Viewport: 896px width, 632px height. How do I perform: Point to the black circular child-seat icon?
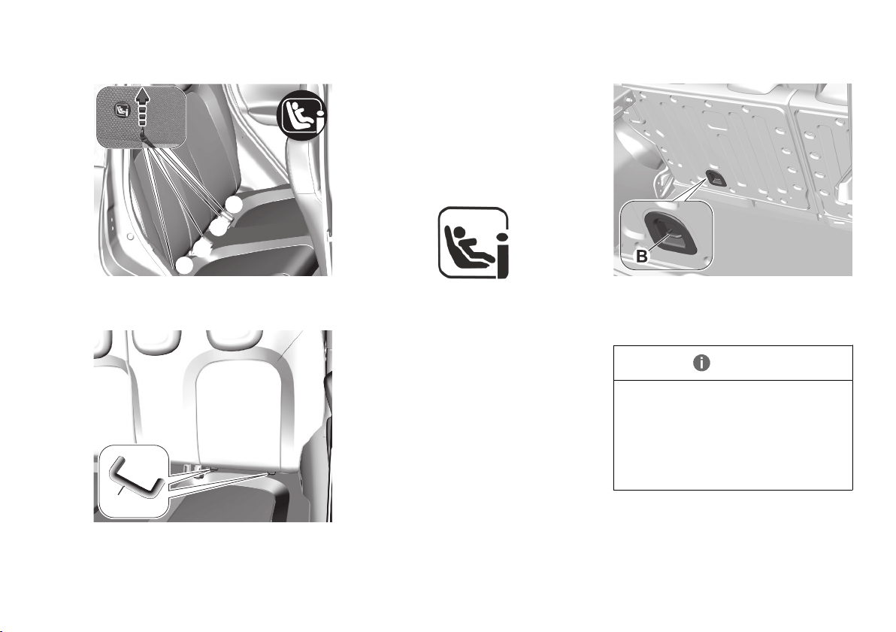coord(301,114)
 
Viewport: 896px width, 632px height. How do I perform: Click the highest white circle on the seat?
coord(233,204)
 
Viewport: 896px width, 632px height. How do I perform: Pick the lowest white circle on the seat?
coord(184,265)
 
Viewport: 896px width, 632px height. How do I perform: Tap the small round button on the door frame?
coord(130,235)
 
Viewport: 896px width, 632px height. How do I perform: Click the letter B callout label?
coord(642,257)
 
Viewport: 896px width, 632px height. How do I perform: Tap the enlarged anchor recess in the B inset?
coord(669,230)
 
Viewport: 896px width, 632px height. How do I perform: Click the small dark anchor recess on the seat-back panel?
coord(715,178)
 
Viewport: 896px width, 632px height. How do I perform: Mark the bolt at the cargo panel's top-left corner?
coord(628,98)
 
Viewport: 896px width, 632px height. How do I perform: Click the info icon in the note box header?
coord(701,363)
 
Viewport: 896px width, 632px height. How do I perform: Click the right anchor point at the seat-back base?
coord(270,473)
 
